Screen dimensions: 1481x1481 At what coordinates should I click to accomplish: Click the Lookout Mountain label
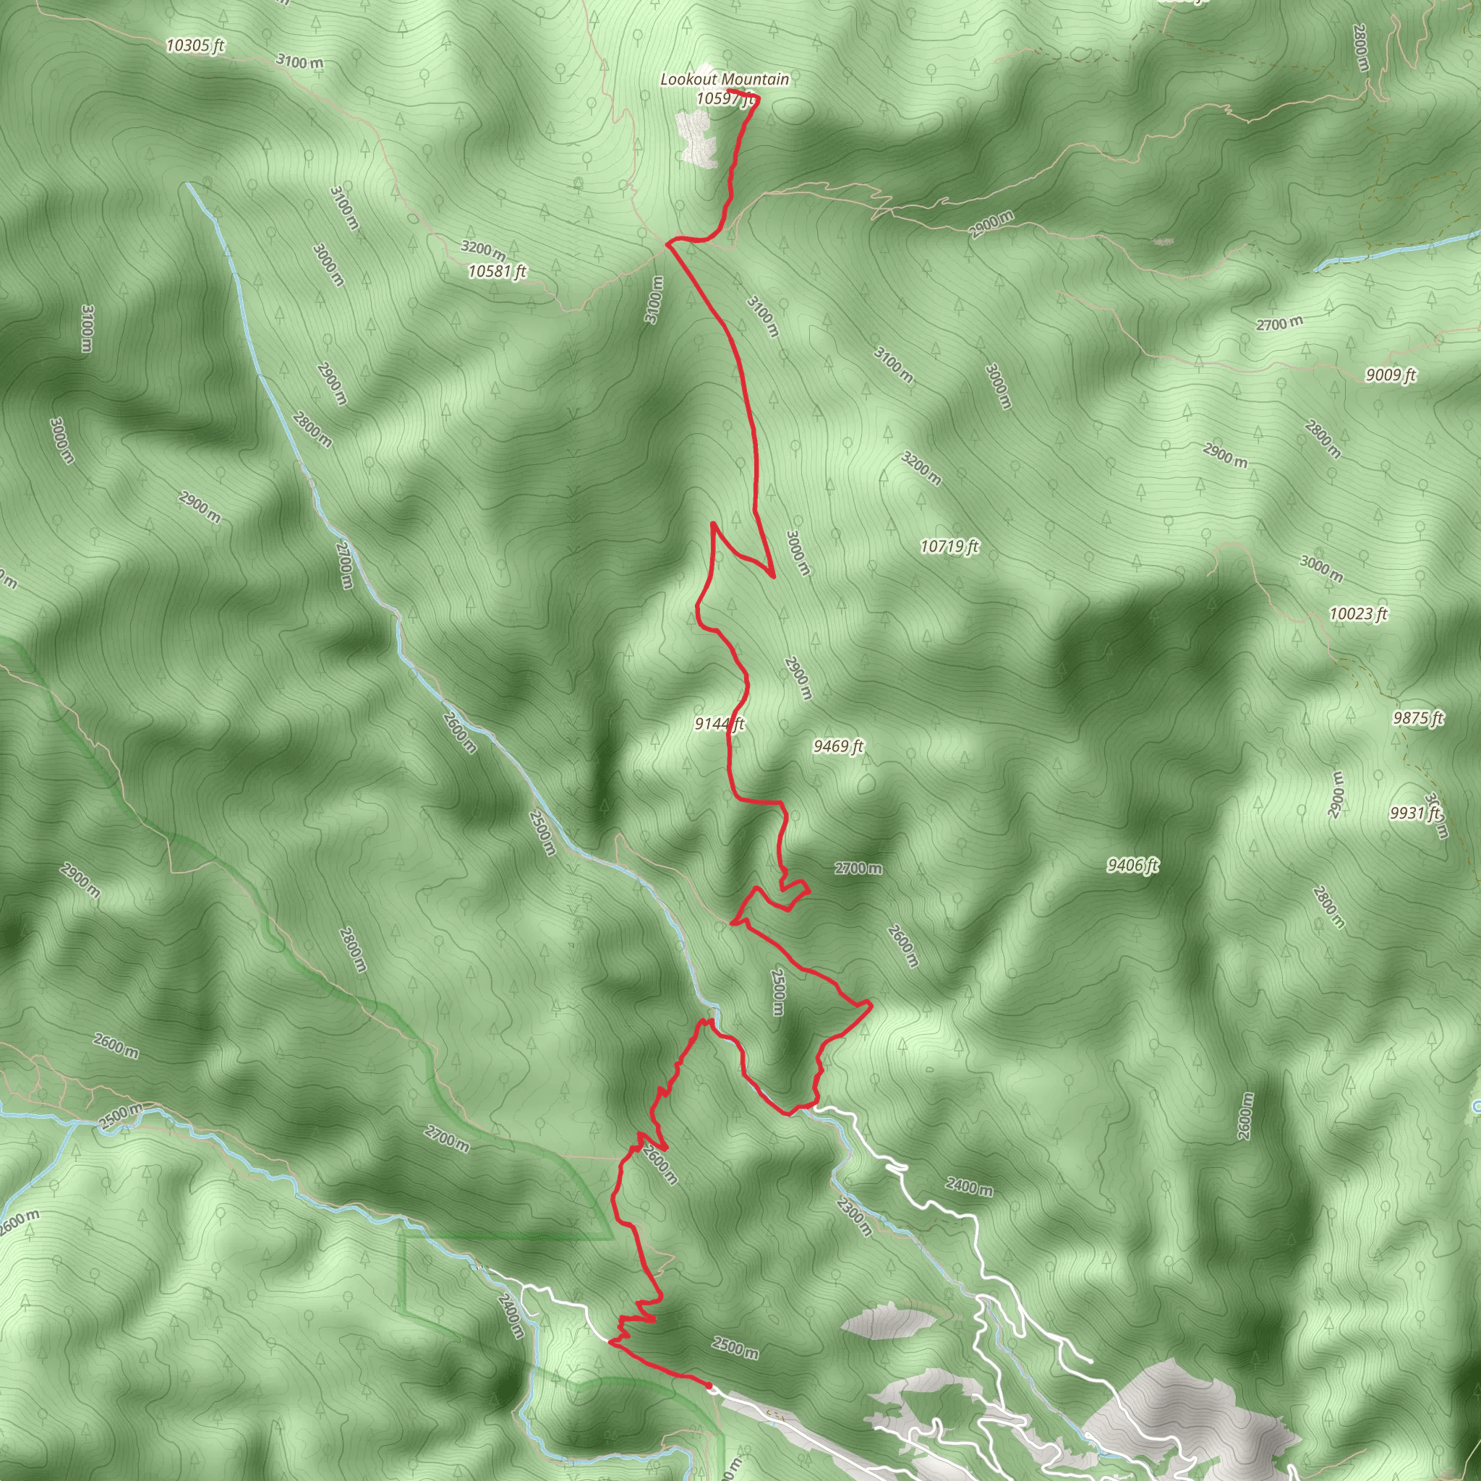click(725, 79)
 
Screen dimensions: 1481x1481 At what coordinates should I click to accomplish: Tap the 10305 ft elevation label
click(195, 46)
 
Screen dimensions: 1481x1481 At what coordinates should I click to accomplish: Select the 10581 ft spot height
click(498, 271)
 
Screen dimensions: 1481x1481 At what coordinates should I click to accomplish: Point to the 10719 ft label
click(949, 547)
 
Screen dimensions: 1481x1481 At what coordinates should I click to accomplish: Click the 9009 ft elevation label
click(1391, 375)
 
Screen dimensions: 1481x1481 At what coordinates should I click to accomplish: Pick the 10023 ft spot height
click(1358, 614)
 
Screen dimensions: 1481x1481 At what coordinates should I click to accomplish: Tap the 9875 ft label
click(1418, 718)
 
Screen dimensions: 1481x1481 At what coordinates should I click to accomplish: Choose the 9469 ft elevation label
click(839, 746)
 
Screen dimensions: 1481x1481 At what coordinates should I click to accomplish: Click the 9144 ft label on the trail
click(719, 724)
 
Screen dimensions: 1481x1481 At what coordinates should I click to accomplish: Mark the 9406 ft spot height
click(1132, 866)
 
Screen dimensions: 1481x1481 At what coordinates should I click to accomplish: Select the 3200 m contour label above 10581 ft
click(483, 249)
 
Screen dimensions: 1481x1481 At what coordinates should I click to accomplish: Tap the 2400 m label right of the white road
click(969, 1187)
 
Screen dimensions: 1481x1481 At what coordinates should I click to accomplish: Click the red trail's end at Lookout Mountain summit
click(728, 91)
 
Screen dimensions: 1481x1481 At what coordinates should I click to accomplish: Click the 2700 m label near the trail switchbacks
click(858, 868)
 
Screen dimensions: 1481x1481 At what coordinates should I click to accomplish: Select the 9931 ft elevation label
click(1415, 814)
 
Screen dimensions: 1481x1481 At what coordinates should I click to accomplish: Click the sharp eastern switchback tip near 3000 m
click(774, 576)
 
